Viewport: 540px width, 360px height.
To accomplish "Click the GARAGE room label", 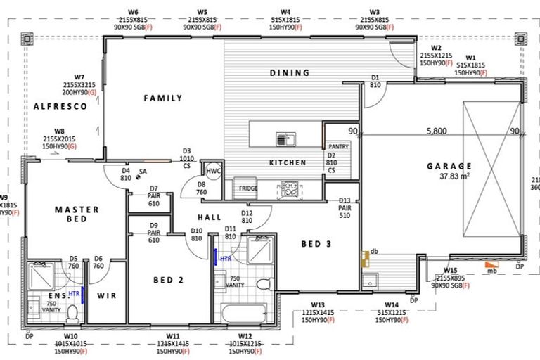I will (x=449, y=166).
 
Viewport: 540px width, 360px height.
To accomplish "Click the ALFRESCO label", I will (x=60, y=106).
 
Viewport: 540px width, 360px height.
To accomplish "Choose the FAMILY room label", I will (x=163, y=98).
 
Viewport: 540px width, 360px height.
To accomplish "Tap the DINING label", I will (x=290, y=72).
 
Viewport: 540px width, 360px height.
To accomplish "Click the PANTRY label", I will (x=339, y=146).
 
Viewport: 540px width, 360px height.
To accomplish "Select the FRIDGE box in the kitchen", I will (x=247, y=188).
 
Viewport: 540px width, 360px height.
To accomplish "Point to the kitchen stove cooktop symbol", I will (x=290, y=188).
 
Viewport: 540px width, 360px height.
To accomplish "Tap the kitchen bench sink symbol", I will (x=285, y=139).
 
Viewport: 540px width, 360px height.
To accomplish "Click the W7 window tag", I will (x=79, y=77).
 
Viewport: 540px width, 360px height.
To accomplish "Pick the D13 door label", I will (x=345, y=200).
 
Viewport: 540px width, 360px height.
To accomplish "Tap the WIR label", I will (x=106, y=295).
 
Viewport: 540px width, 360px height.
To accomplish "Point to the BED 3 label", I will (x=316, y=244).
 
